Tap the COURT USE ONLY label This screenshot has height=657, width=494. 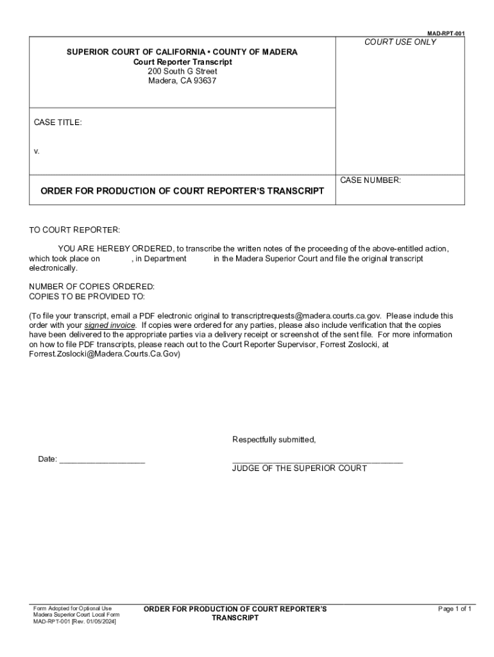(x=400, y=42)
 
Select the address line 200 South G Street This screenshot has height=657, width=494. (x=182, y=71)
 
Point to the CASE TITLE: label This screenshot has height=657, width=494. (x=58, y=122)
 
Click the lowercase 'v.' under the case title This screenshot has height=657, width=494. (x=37, y=151)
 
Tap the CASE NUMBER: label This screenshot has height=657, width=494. (x=370, y=180)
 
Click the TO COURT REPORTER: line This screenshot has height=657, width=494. (x=74, y=230)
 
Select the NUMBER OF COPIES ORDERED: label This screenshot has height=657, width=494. (x=92, y=286)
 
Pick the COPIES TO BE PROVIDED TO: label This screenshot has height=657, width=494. (x=87, y=296)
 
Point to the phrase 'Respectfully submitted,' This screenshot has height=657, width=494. (x=274, y=439)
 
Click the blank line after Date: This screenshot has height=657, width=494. (x=102, y=459)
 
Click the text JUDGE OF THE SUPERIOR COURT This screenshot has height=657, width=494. (x=300, y=468)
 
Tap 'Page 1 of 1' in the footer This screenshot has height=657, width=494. (x=455, y=609)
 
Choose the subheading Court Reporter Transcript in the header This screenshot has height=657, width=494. (x=182, y=62)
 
